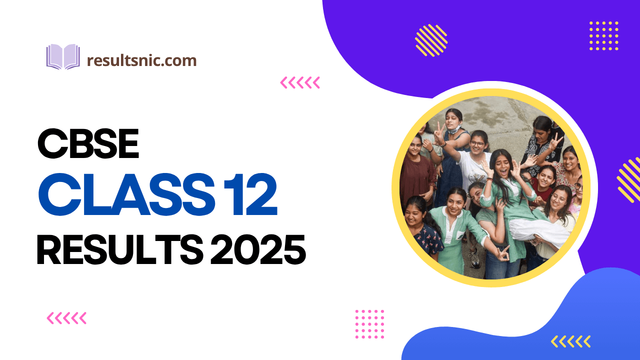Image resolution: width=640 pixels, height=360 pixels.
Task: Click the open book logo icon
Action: (63, 56)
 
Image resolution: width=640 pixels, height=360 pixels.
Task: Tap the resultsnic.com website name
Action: (141, 61)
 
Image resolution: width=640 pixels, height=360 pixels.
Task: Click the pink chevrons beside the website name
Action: (300, 82)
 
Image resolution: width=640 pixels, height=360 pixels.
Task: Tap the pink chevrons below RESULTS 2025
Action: (66, 317)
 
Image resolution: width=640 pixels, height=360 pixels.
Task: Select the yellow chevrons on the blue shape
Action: (571, 341)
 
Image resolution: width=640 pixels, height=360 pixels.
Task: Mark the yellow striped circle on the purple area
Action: (431, 40)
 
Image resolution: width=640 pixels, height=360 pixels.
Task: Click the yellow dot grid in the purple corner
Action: (604, 35)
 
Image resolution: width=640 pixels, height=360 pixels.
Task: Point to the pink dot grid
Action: (369, 324)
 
